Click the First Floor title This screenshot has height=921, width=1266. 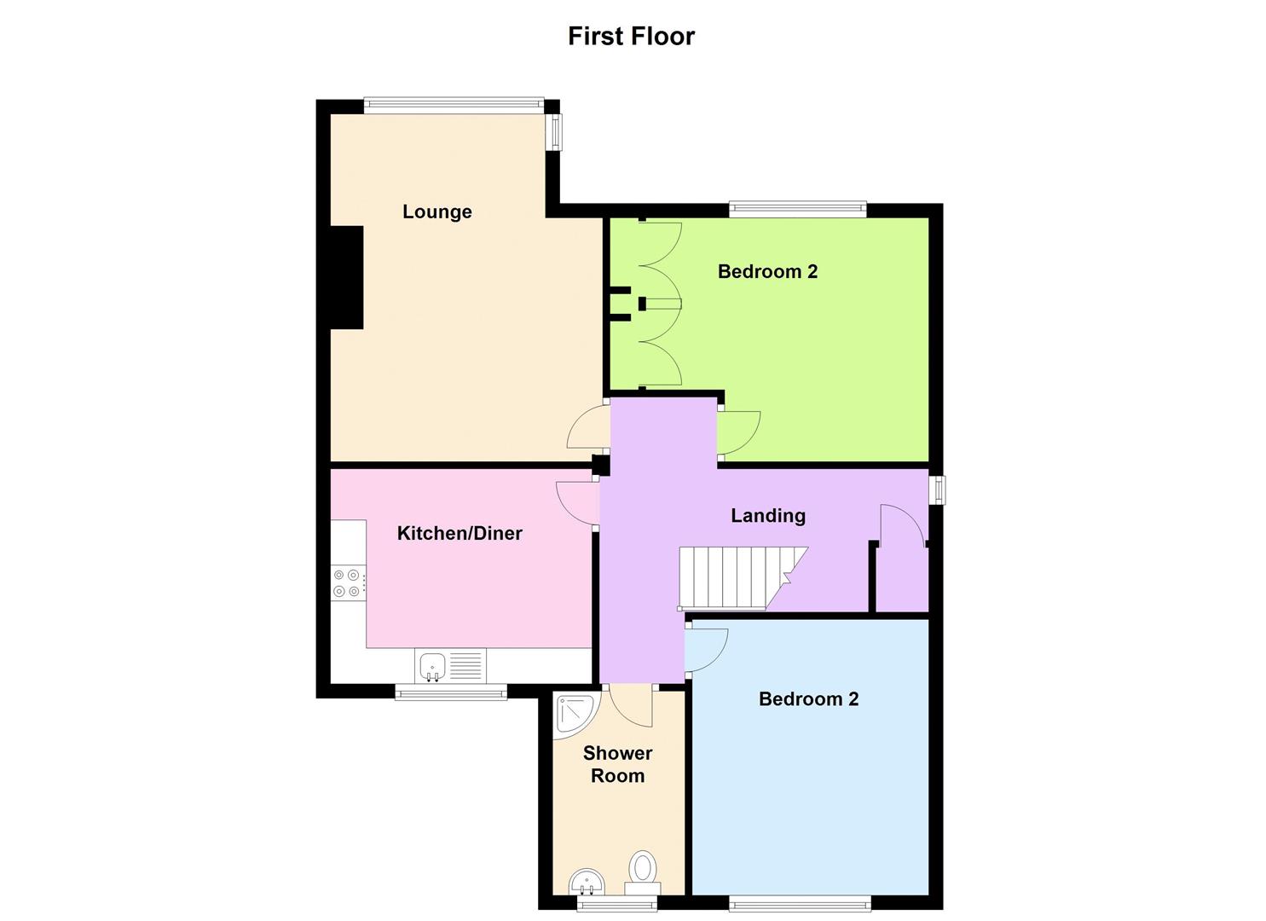pyautogui.click(x=631, y=36)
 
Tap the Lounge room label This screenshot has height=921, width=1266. pyautogui.click(x=436, y=211)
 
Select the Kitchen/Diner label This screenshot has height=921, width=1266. pyautogui.click(x=460, y=533)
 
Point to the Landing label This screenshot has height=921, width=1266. pyautogui.click(x=767, y=515)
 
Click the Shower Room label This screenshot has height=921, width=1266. pyautogui.click(x=617, y=764)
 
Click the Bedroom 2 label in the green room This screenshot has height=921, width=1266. pyautogui.click(x=767, y=271)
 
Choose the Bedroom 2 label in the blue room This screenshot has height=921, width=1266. pyautogui.click(x=808, y=699)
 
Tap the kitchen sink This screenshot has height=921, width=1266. pyautogui.click(x=434, y=665)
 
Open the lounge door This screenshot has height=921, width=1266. pyautogui.click(x=588, y=427)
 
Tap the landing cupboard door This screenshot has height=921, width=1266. pyautogui.click(x=902, y=524)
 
